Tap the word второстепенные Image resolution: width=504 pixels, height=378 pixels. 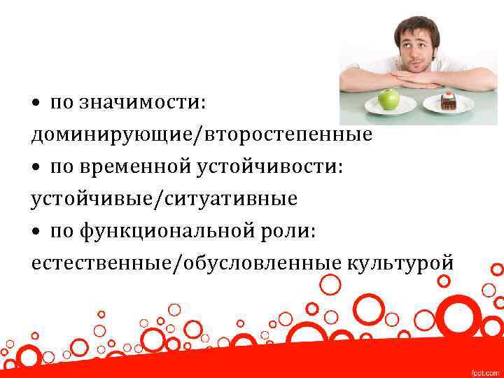tap(288, 134)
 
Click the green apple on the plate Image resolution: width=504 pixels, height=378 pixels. tap(388, 99)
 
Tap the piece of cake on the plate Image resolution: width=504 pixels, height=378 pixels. tap(449, 102)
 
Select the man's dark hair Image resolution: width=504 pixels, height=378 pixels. tap(416, 26)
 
